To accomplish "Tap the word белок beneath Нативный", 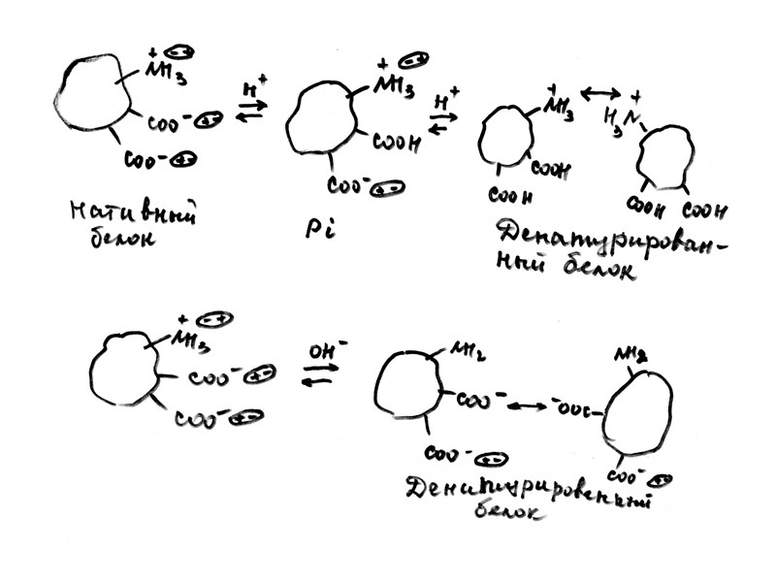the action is tap(115, 239).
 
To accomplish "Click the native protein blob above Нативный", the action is tap(91, 92).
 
